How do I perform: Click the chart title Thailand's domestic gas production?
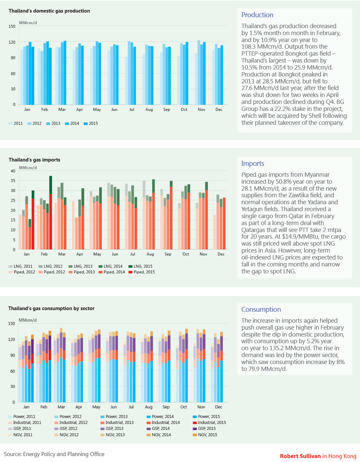[49, 11]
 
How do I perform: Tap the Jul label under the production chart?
[132, 110]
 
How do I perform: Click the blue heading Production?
[257, 15]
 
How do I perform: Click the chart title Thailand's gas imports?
[35, 160]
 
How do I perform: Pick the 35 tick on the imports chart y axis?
[13, 181]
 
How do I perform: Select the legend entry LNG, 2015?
[140, 266]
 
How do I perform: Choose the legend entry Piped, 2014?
[112, 272]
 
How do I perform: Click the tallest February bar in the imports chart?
[50, 213]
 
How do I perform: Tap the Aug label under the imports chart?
[150, 254]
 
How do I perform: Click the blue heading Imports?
[252, 163]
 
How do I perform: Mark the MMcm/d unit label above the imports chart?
[28, 168]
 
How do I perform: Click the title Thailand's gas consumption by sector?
[51, 308]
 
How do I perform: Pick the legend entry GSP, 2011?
[19, 428]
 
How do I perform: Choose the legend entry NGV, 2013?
[113, 435]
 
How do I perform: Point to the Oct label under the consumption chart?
[184, 407]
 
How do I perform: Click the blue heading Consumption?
[261, 309]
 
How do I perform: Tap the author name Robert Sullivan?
[300, 456]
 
